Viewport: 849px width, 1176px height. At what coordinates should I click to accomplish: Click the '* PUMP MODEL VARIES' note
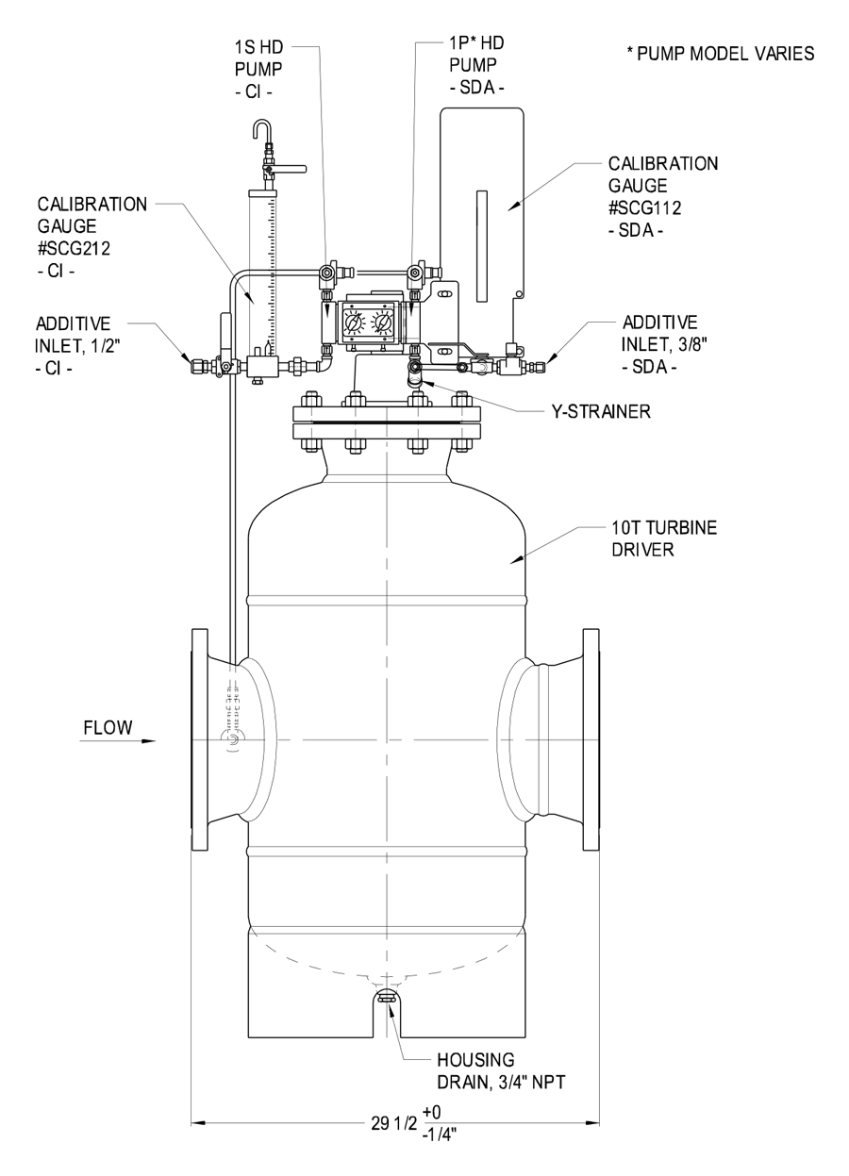pos(721,53)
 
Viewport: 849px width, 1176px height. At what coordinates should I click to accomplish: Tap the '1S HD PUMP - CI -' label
pos(258,69)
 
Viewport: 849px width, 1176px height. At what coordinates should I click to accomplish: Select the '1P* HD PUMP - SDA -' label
pos(476,65)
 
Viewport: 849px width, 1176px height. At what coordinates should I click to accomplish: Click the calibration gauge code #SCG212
pos(74,248)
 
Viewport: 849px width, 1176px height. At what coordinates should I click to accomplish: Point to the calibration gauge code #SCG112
pos(644,207)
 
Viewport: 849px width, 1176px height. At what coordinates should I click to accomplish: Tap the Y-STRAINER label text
pos(601,411)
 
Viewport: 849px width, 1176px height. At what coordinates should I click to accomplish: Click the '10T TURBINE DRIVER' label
pos(664,538)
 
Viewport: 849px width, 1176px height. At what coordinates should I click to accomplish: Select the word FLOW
pos(108,728)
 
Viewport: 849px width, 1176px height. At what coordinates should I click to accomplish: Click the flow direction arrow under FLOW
pos(118,741)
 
